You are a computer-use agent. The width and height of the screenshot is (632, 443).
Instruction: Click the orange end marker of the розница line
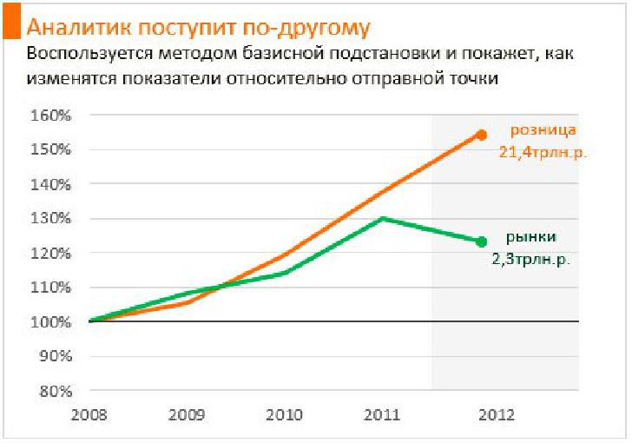[x=481, y=135]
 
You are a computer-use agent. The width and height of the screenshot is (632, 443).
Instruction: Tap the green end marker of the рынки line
[x=481, y=241]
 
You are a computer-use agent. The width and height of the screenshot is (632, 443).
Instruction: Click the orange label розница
[x=543, y=131]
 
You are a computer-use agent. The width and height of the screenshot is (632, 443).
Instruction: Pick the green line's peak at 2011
[x=383, y=218]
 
